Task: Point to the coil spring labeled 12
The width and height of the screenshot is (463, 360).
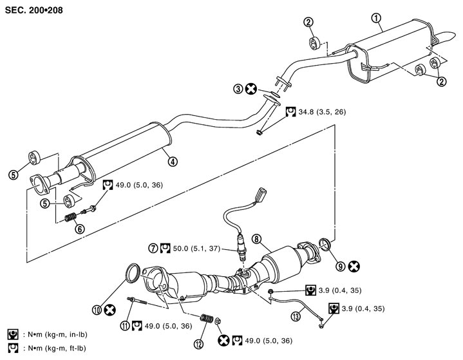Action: [207, 318]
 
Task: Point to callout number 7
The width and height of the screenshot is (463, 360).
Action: [153, 247]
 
